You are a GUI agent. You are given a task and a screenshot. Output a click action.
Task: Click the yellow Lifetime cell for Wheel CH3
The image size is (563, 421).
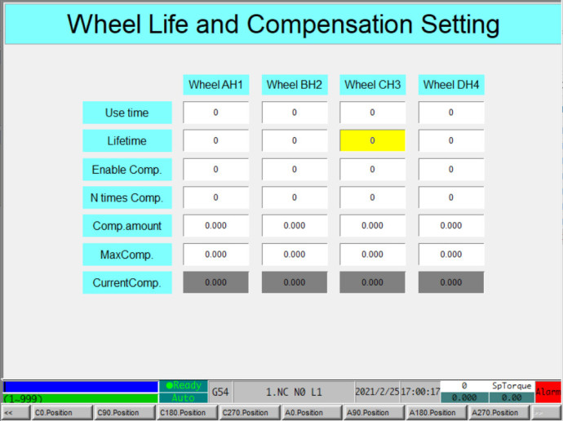tap(372, 140)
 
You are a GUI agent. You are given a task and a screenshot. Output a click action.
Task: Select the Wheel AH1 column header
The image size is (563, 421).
tap(215, 85)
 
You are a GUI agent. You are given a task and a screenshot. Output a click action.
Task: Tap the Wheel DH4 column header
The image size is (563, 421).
tap(451, 85)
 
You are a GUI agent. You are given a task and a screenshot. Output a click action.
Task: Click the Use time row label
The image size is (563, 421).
tap(127, 113)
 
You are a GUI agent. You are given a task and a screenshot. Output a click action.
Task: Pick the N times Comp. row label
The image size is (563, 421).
tap(127, 197)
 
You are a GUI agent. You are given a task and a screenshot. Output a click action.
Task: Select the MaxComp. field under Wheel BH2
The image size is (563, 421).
tap(295, 254)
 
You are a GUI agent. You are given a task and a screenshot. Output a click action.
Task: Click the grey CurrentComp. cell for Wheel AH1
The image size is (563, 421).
tap(215, 282)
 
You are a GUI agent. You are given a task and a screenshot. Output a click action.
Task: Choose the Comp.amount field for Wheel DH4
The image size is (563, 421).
tap(451, 225)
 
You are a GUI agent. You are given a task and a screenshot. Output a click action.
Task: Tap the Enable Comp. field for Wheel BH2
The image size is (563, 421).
tap(295, 169)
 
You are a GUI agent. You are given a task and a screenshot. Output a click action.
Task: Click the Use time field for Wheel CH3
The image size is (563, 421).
tap(372, 113)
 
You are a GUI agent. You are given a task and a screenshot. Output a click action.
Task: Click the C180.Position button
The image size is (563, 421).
tap(187, 413)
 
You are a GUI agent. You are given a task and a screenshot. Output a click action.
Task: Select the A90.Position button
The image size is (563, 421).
tap(374, 413)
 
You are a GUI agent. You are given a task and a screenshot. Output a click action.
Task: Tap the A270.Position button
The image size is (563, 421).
tap(499, 413)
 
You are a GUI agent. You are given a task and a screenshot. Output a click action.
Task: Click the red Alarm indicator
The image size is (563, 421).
tap(548, 392)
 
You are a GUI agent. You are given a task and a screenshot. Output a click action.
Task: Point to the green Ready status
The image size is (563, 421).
tap(184, 386)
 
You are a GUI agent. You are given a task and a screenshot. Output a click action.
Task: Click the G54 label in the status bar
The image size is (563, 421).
tap(220, 392)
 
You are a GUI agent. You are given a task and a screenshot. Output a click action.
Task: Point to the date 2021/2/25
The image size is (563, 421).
tap(377, 392)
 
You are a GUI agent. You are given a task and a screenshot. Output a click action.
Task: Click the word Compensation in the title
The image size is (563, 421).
tap(330, 24)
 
